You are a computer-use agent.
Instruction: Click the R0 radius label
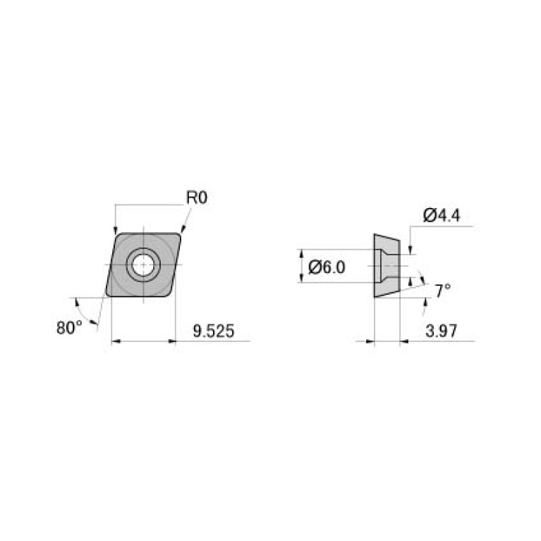[197, 198]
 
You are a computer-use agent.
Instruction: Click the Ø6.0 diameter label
[327, 267]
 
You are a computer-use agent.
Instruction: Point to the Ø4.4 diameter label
[442, 216]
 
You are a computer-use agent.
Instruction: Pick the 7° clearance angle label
[442, 290]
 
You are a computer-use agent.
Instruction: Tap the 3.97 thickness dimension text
[441, 329]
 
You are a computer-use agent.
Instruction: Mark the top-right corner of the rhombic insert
[181, 234]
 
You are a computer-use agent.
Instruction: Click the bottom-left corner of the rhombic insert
[107, 296]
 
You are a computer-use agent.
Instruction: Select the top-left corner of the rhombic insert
[116, 234]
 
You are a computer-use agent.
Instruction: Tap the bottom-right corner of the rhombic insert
[171, 296]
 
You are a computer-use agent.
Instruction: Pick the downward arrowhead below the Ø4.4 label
[410, 250]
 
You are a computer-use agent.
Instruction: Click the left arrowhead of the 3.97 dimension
[370, 341]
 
